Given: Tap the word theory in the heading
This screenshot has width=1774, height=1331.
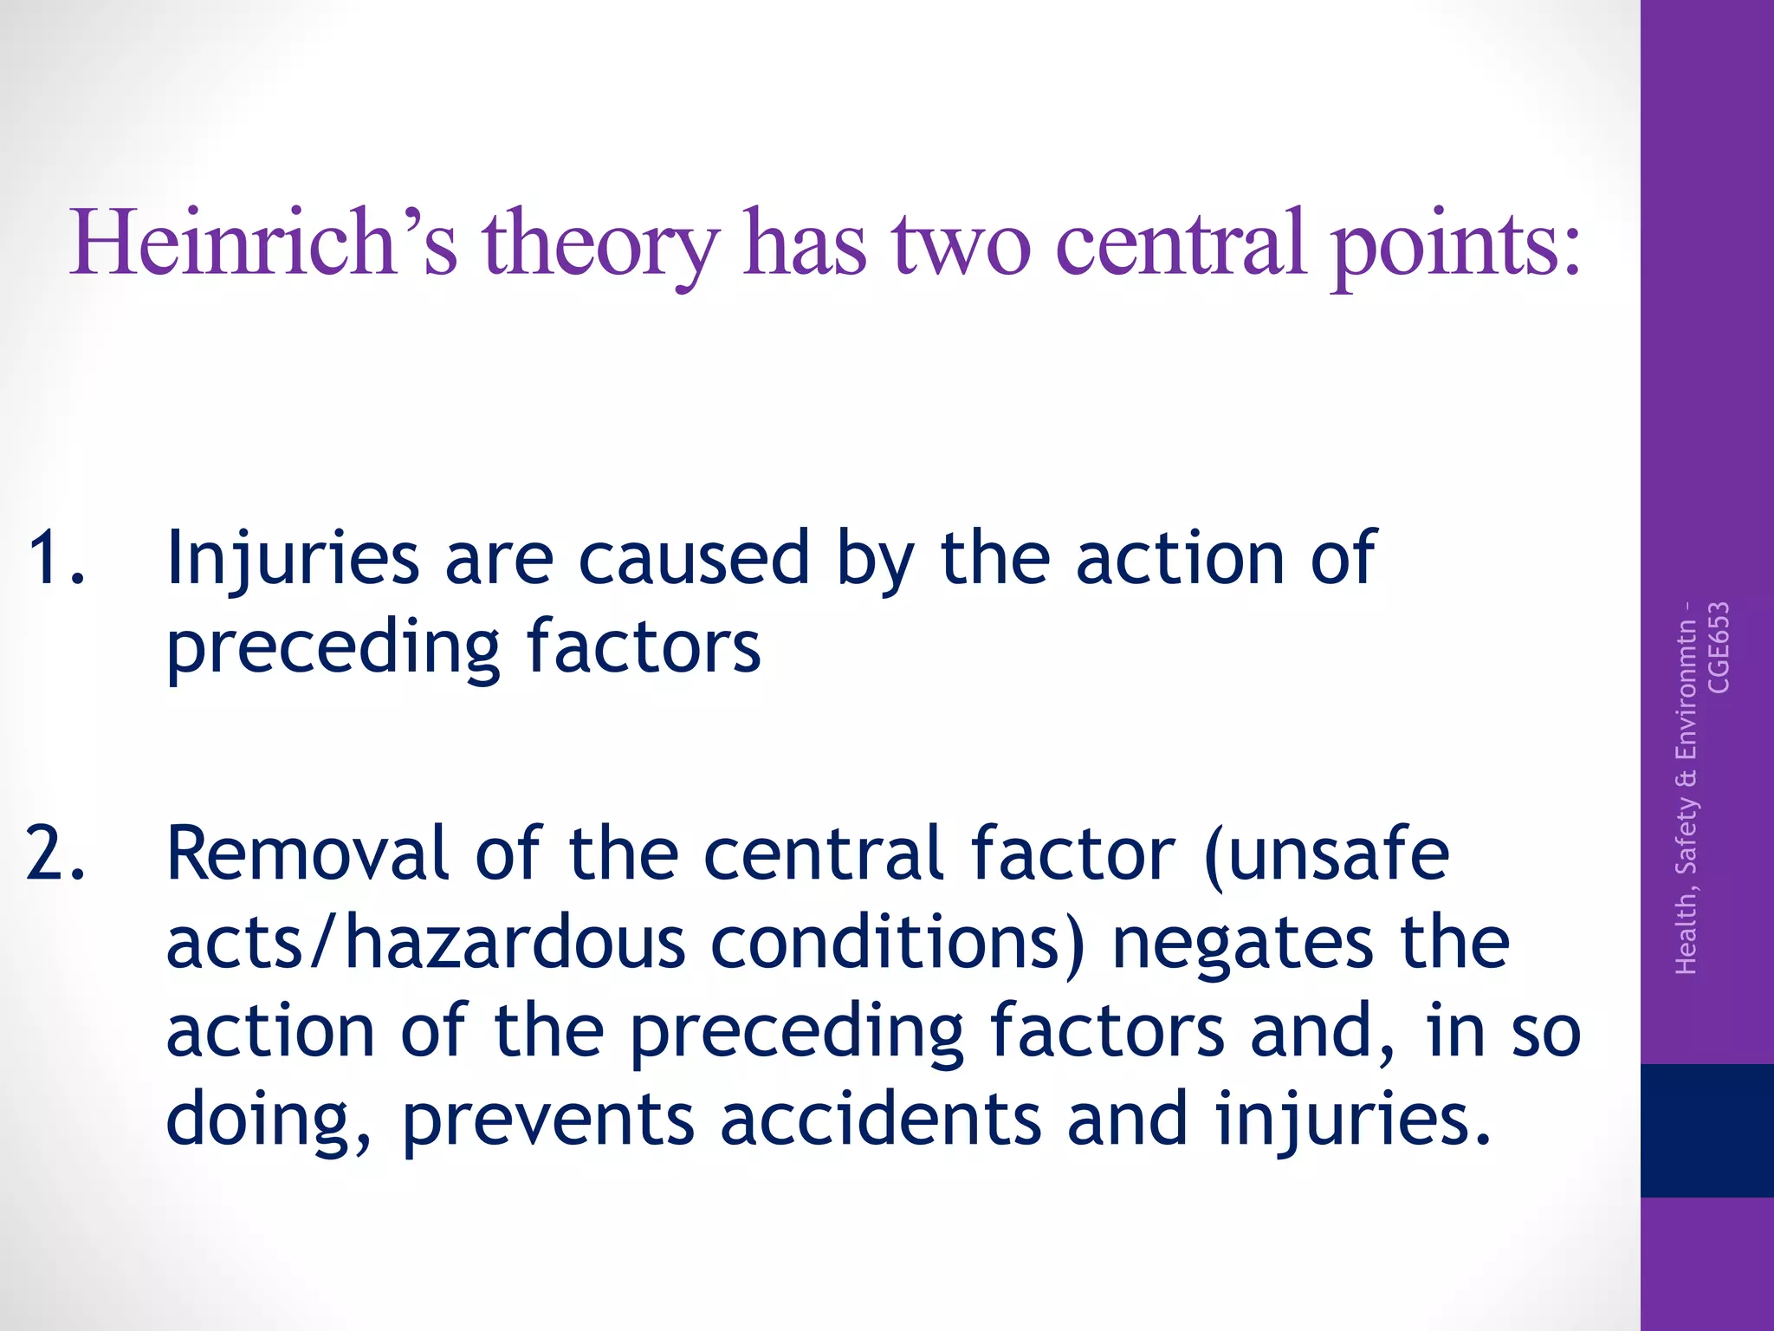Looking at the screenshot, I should [x=600, y=247].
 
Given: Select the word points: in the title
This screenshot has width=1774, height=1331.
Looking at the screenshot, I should [x=1455, y=247].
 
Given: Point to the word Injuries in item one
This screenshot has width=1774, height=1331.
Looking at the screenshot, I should [x=293, y=559].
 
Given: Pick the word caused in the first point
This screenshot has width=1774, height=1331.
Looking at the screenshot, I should [x=693, y=559].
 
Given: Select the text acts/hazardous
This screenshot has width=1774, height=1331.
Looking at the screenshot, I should [x=425, y=943].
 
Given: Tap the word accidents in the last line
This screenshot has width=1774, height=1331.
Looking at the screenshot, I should [x=880, y=1118].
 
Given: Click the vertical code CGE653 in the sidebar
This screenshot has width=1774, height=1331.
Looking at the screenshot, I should [x=1719, y=647].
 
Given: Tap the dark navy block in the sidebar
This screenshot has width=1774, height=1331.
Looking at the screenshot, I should [x=1706, y=1130].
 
